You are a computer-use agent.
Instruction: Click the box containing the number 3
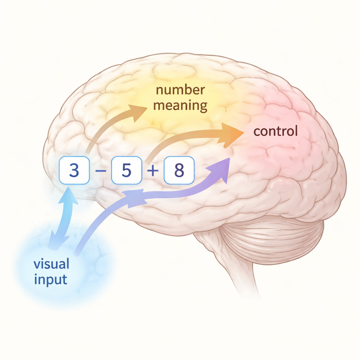(x=74, y=171)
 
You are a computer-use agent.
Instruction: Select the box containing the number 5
(x=127, y=171)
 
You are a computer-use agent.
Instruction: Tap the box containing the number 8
(x=179, y=171)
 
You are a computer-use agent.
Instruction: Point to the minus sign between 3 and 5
(x=100, y=171)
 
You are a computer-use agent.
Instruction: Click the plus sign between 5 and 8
(x=153, y=171)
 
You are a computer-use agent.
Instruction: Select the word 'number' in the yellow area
(x=180, y=90)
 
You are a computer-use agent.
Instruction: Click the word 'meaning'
(x=180, y=105)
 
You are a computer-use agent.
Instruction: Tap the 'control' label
(x=275, y=131)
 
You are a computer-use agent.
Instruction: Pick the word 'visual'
(x=51, y=264)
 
